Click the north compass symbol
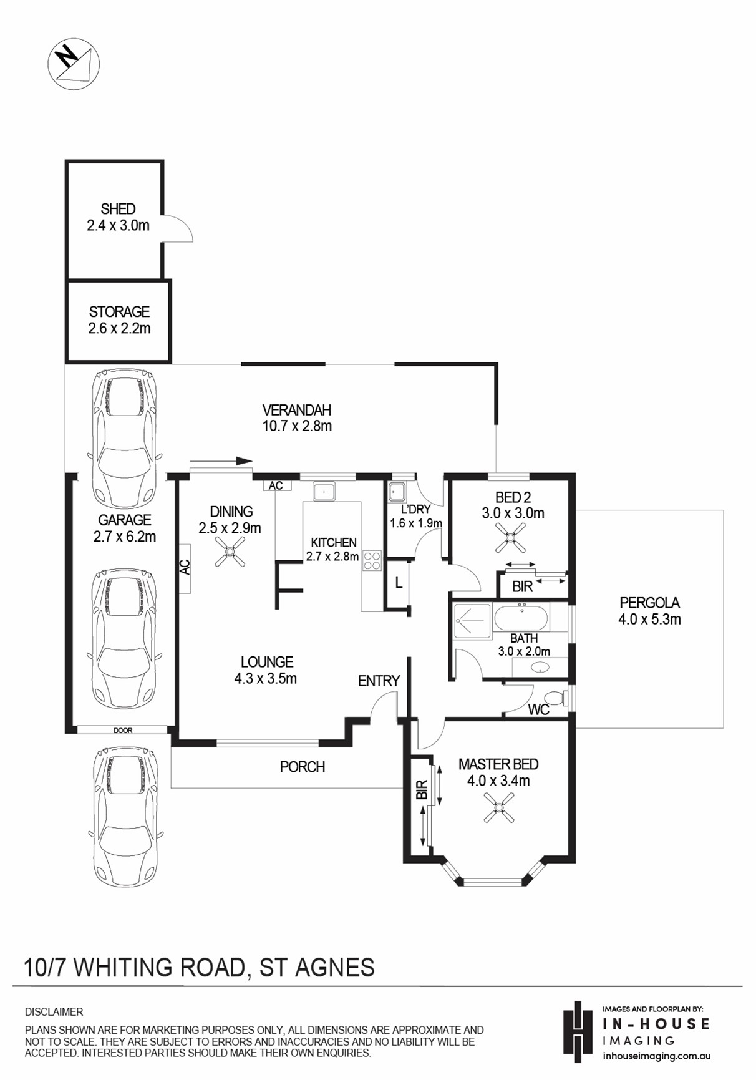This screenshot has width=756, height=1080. click(74, 63)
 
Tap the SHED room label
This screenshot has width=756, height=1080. click(118, 209)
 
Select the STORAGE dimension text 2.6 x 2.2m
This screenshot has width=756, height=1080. click(119, 328)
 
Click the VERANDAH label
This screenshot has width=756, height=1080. click(296, 410)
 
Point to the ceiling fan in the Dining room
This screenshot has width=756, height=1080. click(230, 552)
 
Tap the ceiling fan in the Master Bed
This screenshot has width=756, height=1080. click(499, 807)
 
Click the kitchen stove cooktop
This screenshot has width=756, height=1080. click(372, 560)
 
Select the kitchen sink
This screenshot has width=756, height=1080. click(324, 491)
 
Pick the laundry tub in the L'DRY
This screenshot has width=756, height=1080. click(397, 492)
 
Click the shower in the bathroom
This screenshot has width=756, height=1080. click(472, 621)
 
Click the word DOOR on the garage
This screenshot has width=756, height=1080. click(123, 731)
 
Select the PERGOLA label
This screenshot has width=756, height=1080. click(649, 603)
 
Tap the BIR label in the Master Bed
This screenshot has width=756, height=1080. click(422, 790)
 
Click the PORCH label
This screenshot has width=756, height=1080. click(303, 767)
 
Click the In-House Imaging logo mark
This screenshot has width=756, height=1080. click(578, 1032)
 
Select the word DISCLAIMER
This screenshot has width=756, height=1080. click(54, 1012)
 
